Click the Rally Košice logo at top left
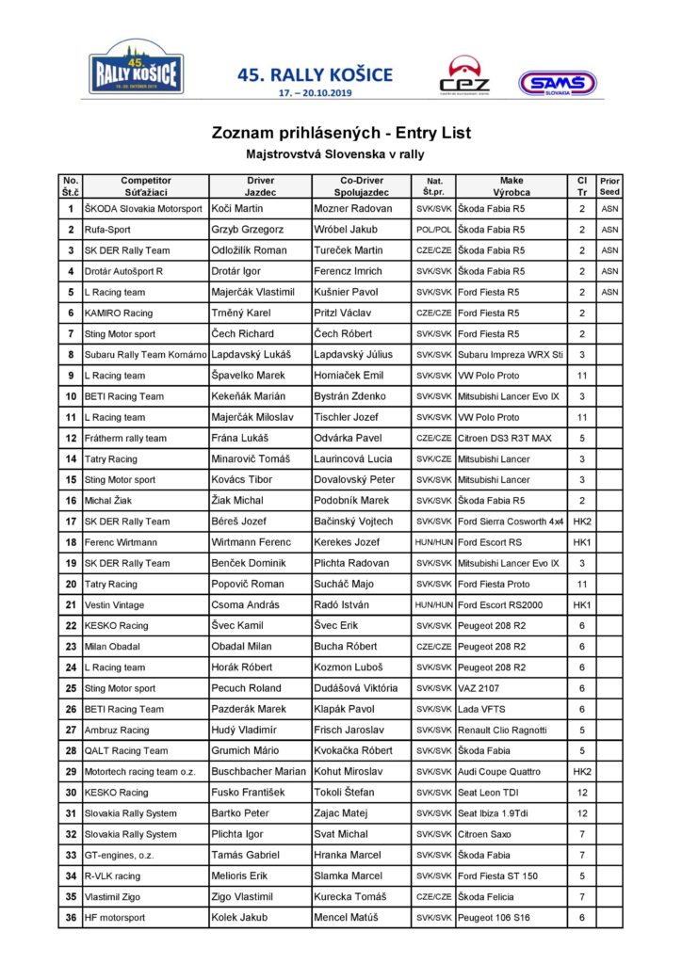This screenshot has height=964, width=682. (137, 67)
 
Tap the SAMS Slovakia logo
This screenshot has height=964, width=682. (558, 84)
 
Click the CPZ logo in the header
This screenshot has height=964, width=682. (464, 76)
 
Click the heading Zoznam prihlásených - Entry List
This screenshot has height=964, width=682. (340, 133)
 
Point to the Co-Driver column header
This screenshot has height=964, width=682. (361, 185)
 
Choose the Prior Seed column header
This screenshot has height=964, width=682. (609, 185)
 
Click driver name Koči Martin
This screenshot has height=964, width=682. (237, 208)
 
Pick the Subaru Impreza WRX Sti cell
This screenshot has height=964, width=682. (511, 355)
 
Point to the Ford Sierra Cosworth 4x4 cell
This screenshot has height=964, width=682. (511, 522)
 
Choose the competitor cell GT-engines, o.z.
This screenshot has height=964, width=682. (119, 855)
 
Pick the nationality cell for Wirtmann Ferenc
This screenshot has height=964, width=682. (433, 542)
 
